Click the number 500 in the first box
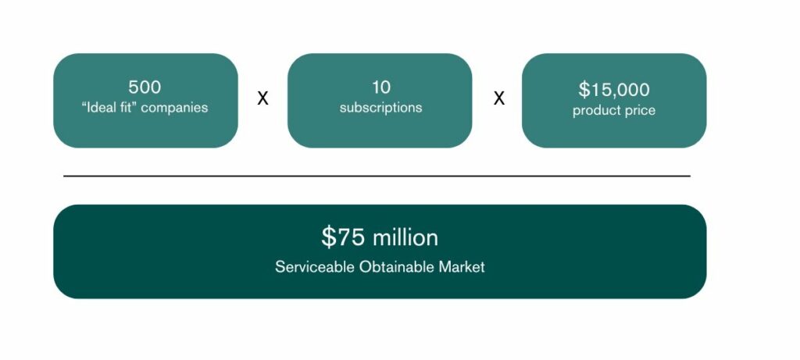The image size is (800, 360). point(145,87)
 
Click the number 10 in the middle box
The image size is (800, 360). point(380,87)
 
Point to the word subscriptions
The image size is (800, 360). point(380,108)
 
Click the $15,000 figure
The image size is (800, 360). point(613,90)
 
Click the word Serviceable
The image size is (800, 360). point(315,267)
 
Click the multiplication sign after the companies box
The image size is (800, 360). point(263,99)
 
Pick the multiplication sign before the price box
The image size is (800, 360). point(498,99)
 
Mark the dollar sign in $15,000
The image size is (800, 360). point(584,90)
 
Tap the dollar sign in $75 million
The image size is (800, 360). point(328,237)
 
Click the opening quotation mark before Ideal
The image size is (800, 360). point(84,105)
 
